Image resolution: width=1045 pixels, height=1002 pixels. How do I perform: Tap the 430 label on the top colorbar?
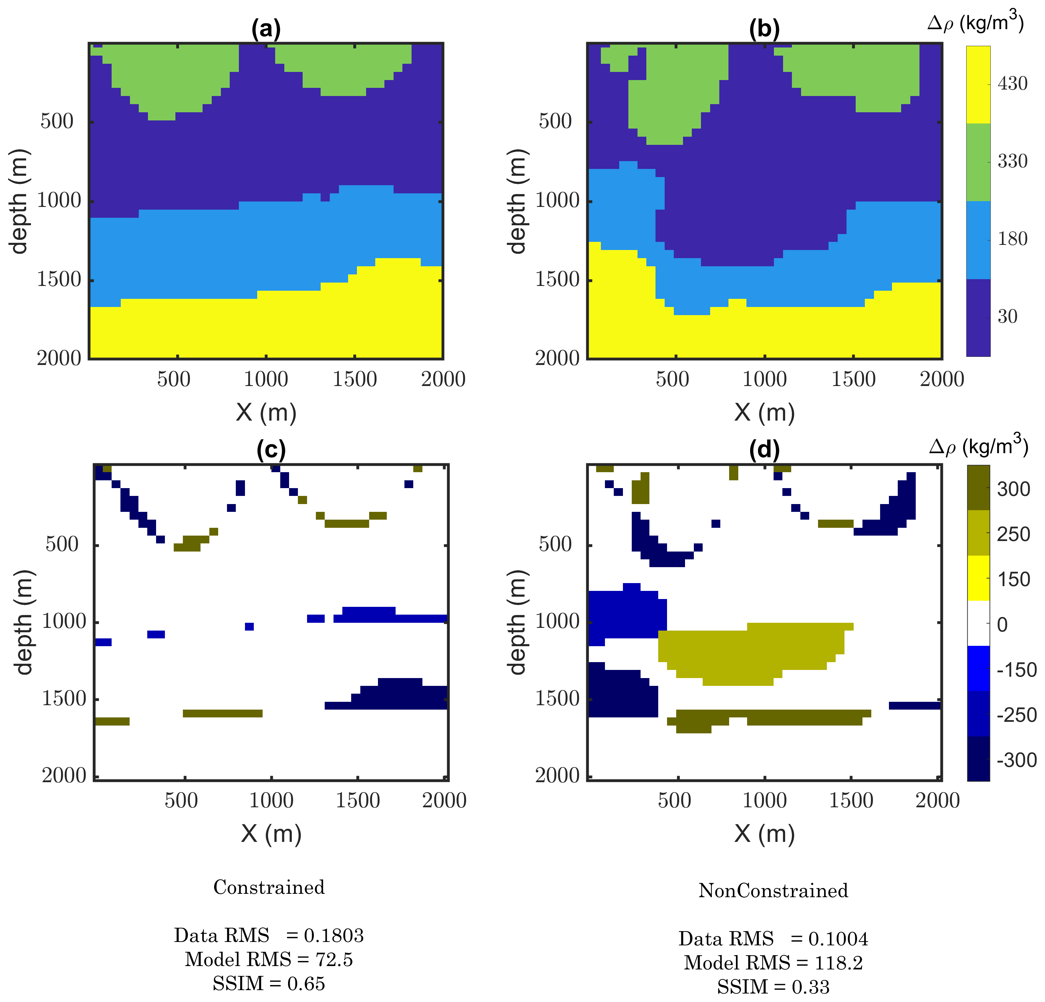[1012, 84]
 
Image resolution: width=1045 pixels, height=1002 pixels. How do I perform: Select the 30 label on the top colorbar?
[1007, 316]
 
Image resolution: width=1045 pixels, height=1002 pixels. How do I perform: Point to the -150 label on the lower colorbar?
[1016, 670]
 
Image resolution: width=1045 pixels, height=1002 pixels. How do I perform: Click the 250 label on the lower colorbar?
[1013, 534]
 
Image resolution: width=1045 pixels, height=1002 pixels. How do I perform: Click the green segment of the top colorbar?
[978, 162]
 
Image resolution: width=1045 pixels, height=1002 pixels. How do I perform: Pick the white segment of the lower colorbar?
[978, 623]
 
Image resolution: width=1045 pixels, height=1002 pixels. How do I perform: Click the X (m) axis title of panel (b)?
[764, 412]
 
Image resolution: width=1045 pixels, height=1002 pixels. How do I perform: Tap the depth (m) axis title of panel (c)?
[24, 622]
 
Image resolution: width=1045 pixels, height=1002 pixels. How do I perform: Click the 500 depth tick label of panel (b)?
[555, 121]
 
